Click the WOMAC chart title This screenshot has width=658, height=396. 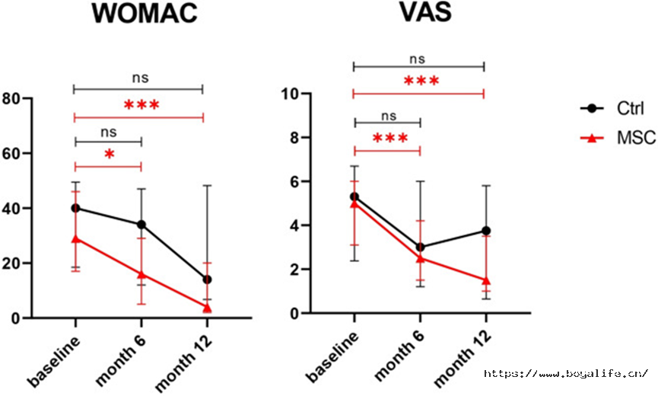coord(145,13)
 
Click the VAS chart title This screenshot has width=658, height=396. coord(425,13)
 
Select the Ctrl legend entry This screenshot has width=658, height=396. coord(612,108)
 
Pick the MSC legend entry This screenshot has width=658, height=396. coord(618,137)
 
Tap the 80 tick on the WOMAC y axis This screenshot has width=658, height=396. coord(11,99)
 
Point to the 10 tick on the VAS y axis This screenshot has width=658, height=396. coord(291,94)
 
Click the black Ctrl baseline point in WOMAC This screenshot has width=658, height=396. coord(75,208)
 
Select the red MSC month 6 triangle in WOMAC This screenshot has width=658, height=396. coord(141,275)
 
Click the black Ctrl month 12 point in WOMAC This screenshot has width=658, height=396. coord(207,279)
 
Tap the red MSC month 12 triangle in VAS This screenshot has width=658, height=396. coord(486,280)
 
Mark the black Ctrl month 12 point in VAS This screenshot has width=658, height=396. coord(486,231)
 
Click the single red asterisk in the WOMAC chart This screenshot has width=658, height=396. coord(109,155)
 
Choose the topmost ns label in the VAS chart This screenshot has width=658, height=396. coord(417,59)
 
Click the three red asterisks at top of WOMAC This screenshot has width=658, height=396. coord(141,105)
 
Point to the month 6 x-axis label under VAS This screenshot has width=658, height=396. coord(399,356)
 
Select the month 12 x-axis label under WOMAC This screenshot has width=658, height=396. coord(184,362)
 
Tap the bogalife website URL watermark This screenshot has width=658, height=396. coord(566,373)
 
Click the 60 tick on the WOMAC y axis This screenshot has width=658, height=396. coord(11,153)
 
